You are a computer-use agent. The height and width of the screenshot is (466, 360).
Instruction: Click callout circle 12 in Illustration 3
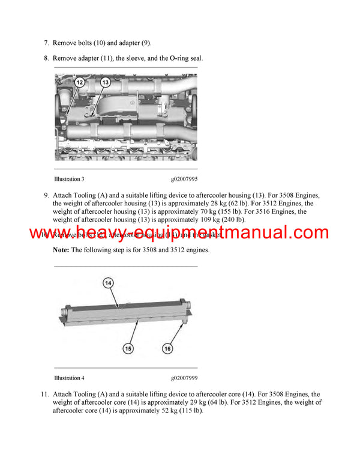click(80, 82)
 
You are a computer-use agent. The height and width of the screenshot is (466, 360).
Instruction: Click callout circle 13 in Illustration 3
click(105, 82)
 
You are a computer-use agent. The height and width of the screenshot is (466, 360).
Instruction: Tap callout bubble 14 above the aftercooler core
click(109, 282)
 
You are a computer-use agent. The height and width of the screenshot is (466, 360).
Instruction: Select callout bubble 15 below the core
click(128, 347)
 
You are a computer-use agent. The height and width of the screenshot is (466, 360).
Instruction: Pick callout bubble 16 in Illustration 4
click(167, 347)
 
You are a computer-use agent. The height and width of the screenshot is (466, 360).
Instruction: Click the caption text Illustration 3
click(69, 179)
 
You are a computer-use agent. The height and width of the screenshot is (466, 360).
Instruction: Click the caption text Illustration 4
click(69, 378)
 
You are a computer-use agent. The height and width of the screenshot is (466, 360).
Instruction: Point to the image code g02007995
click(184, 179)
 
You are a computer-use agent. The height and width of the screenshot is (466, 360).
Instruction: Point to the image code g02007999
click(184, 378)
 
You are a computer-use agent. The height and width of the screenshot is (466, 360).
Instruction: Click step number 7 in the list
click(46, 43)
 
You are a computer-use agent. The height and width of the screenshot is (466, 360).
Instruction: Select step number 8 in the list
click(46, 58)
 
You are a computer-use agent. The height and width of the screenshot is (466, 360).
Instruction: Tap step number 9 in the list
click(46, 195)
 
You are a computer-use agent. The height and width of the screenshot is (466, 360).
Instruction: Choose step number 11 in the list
click(44, 395)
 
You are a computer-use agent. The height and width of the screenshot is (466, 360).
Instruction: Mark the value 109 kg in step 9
click(182, 220)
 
